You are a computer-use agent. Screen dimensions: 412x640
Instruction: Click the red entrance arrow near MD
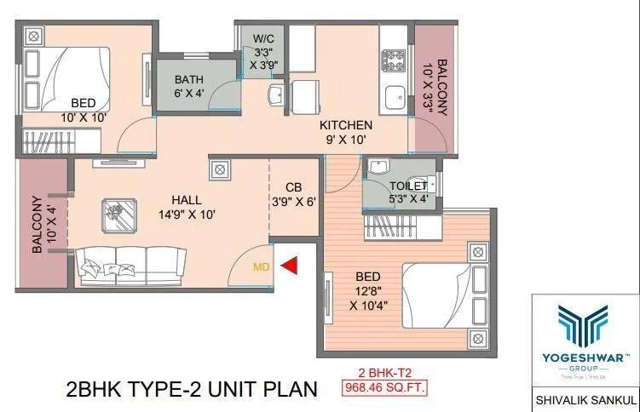pyautogui.click(x=290, y=266)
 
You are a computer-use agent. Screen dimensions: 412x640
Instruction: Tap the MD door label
pyautogui.click(x=262, y=266)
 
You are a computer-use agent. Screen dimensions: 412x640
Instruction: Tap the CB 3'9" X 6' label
pyautogui.click(x=294, y=195)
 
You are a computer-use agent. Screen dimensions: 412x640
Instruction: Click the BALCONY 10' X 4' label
pyautogui.click(x=41, y=226)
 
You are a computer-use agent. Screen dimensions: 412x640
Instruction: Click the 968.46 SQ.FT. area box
pyautogui.click(x=383, y=389)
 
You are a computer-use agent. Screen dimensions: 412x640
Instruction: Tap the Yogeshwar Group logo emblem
pyautogui.click(x=585, y=329)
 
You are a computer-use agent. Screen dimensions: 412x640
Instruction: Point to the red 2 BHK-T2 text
pyautogui.click(x=384, y=373)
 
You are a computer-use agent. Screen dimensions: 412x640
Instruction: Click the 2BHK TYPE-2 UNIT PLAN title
pyautogui.click(x=191, y=390)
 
